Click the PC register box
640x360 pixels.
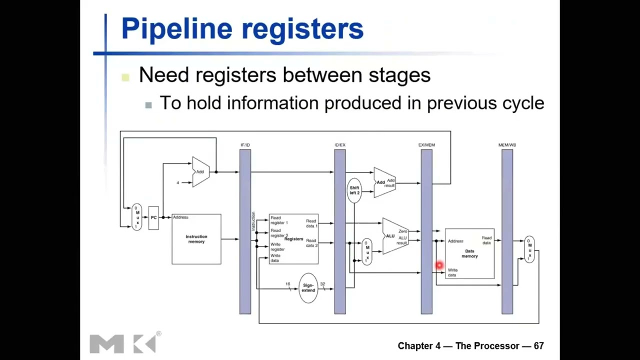coord(153,218)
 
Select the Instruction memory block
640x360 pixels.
coord(196,239)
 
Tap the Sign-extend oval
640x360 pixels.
coord(308,288)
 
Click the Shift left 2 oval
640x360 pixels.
coord(354,190)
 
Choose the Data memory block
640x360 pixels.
coord(469,253)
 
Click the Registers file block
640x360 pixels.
coord(293,239)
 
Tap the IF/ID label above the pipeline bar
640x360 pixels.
coord(245,145)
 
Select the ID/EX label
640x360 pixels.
coord(340,145)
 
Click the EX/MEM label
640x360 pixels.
coord(426,145)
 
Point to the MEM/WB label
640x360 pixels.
coord(507,145)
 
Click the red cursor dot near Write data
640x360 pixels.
coord(439,265)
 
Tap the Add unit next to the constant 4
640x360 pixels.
coord(200,172)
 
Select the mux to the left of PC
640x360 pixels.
coord(137,217)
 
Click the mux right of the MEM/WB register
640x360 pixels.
coord(529,249)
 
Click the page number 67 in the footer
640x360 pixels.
coord(538,346)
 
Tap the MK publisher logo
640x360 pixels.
coord(124,343)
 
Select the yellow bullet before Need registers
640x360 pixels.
coord(125,76)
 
